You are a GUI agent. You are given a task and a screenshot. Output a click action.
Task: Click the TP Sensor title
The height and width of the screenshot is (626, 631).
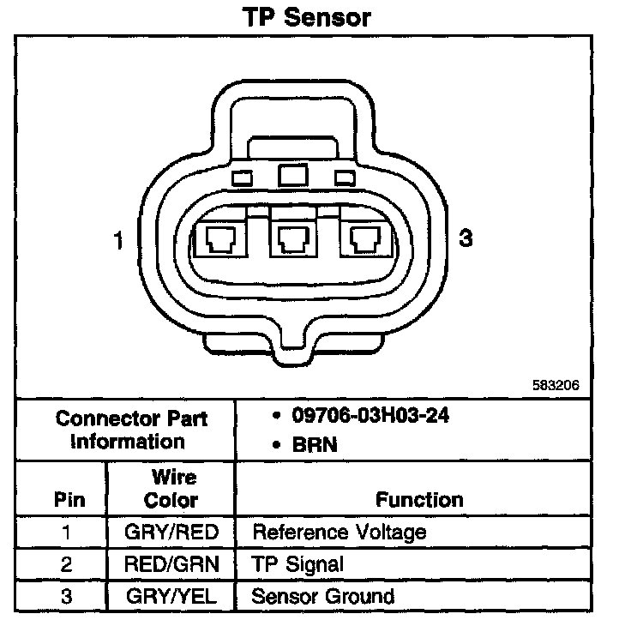pos(306,17)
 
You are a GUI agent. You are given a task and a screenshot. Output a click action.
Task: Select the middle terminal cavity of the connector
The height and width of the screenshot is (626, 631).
pos(292,239)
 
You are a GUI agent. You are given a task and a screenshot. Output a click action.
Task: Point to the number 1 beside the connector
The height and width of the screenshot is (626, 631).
pos(119,241)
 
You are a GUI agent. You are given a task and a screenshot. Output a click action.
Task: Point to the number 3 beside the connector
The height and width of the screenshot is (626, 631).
pos(466,239)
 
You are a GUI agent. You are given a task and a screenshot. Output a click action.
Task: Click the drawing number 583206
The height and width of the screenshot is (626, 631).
pos(556,385)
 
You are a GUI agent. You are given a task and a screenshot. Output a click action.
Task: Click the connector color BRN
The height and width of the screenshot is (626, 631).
pos(315,444)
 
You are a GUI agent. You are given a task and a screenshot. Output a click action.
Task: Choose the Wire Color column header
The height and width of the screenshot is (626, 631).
pos(171,489)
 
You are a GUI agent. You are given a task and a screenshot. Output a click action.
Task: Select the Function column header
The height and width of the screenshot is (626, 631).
pos(419,499)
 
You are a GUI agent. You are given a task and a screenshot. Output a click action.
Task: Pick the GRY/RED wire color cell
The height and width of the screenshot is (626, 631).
pos(171,533)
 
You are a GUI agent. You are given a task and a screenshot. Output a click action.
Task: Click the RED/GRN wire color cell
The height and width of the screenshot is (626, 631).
pos(171,564)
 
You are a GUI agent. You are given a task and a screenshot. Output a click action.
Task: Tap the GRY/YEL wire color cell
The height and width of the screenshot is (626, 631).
pos(171,596)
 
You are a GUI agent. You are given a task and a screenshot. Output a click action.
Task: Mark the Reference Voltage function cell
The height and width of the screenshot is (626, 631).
pos(339,533)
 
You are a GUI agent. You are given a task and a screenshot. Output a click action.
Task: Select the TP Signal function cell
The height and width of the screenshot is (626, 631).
pos(297,564)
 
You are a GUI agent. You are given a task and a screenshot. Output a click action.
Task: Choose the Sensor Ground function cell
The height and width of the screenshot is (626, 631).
pos(322,596)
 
